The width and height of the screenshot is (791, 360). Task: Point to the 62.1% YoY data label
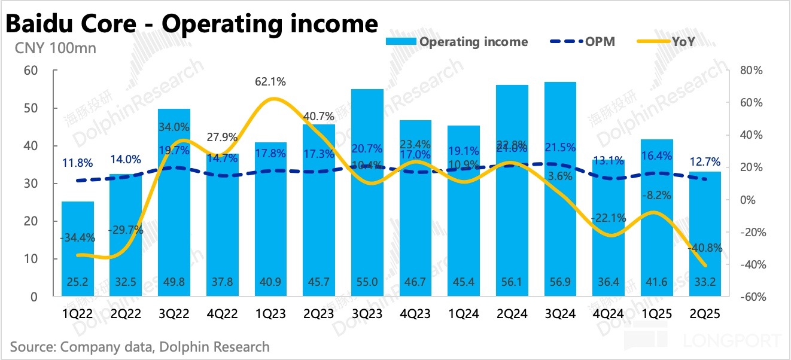(270, 82)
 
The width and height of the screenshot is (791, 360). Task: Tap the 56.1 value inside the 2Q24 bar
(512, 283)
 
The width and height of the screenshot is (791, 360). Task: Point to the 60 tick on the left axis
(31, 71)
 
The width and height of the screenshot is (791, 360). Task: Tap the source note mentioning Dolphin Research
(139, 347)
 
